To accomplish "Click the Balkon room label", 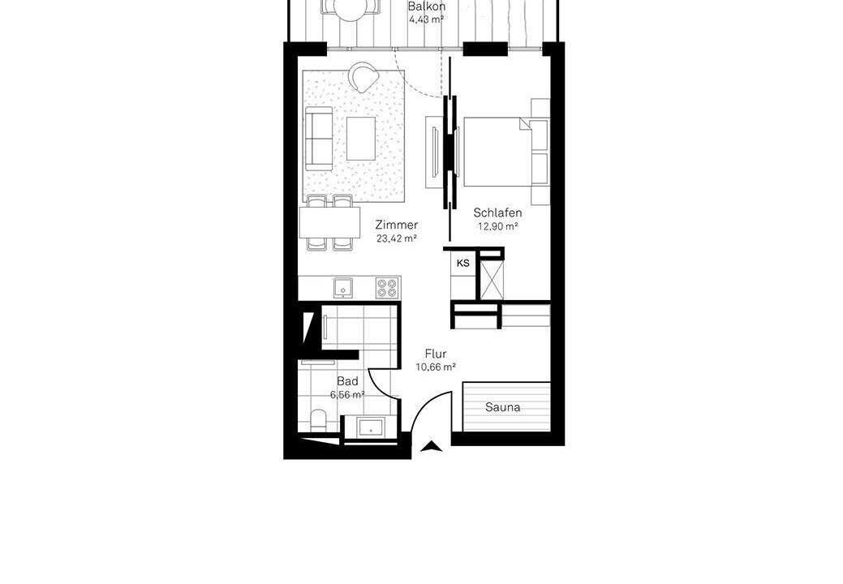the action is click(x=426, y=7).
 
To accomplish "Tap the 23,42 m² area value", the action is click(x=397, y=238).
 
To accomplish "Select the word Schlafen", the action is click(x=497, y=213).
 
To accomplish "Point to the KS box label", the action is click(x=463, y=264).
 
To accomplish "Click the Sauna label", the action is click(x=503, y=407).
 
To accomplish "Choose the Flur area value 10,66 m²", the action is click(x=436, y=367).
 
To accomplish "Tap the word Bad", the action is click(x=347, y=381).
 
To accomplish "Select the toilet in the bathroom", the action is click(x=318, y=419).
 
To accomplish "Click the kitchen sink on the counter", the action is click(x=342, y=287).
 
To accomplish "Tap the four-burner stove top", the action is click(x=387, y=287).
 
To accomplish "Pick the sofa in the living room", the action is click(x=320, y=139).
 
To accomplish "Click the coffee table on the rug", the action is click(x=361, y=139).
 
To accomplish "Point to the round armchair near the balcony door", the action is click(x=363, y=77).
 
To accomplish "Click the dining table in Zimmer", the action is click(x=329, y=222).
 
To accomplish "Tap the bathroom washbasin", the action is click(x=371, y=427).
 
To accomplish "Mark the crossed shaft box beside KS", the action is click(x=490, y=277).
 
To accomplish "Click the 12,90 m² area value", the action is click(x=498, y=226).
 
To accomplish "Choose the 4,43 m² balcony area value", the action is click(x=426, y=20).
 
